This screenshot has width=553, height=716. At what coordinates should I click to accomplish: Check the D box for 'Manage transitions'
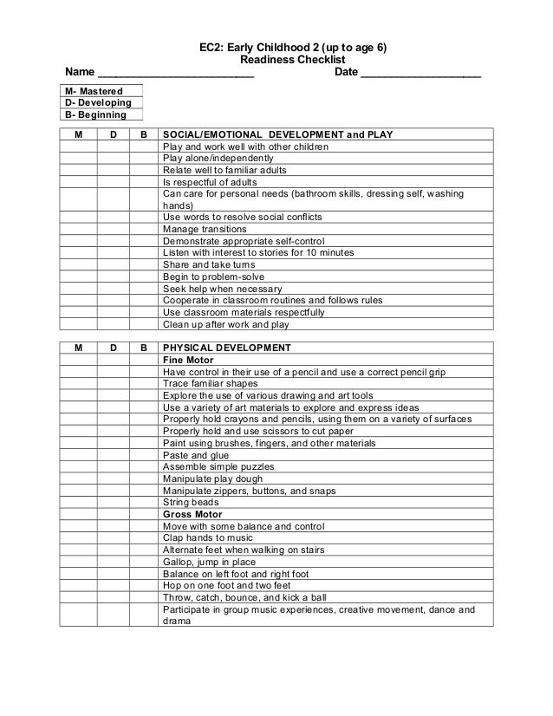click(114, 229)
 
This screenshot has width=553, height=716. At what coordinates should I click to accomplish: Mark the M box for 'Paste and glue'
click(78, 454)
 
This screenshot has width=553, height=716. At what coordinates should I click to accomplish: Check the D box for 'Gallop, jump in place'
click(114, 562)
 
